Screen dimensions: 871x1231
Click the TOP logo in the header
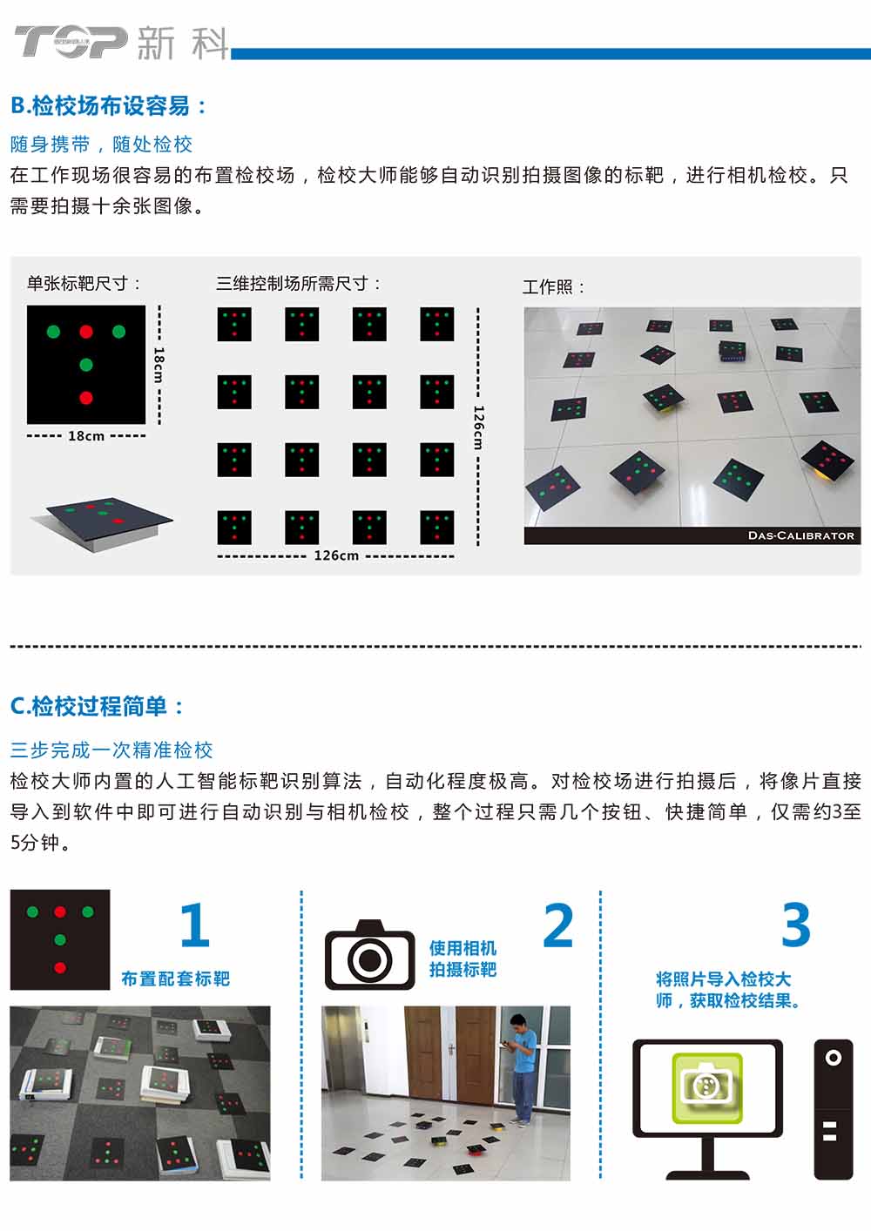point(71,41)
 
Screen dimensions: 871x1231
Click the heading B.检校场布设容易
point(109,105)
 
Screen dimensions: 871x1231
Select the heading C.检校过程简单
point(98,706)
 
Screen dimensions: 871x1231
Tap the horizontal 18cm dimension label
point(86,436)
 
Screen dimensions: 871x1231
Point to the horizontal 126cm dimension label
point(336,555)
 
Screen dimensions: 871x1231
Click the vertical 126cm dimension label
point(478,427)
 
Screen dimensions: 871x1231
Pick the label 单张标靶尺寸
point(84,284)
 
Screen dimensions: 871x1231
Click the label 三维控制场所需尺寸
point(298,284)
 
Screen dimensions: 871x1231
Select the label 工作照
point(553,287)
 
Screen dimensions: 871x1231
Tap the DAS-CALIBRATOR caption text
point(801,535)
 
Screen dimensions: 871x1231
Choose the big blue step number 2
point(558,925)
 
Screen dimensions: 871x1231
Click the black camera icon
point(369,955)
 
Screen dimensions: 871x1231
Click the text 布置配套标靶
point(175,979)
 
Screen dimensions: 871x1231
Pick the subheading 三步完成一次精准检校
point(111,750)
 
